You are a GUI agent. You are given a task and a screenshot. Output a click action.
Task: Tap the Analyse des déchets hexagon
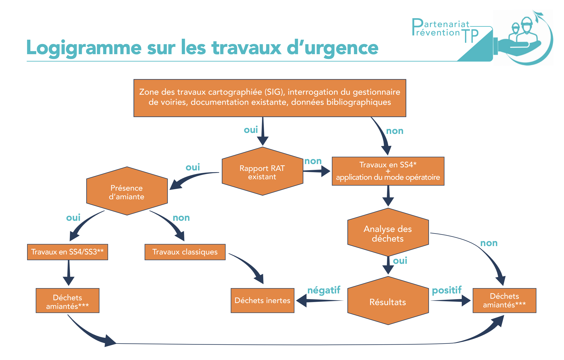tap(388, 233)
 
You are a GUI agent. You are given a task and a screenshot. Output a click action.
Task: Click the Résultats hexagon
tap(388, 301)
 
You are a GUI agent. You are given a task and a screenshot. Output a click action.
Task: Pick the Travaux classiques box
tap(185, 252)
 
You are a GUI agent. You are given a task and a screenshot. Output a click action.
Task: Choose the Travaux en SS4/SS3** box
tap(67, 252)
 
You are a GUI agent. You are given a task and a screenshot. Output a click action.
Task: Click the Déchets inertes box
tap(262, 301)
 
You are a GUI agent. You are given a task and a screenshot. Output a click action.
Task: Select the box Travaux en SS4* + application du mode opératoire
tap(388, 171)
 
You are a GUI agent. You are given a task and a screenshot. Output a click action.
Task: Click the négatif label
tap(324, 290)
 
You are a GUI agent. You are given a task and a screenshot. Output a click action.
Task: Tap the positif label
tap(447, 290)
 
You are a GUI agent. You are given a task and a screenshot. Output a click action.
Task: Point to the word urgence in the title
tap(342, 48)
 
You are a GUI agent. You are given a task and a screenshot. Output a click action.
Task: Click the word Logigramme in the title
tap(84, 48)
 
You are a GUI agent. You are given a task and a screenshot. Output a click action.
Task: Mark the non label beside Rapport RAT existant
tap(313, 161)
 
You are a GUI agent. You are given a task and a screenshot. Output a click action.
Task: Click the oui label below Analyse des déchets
tap(400, 261)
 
